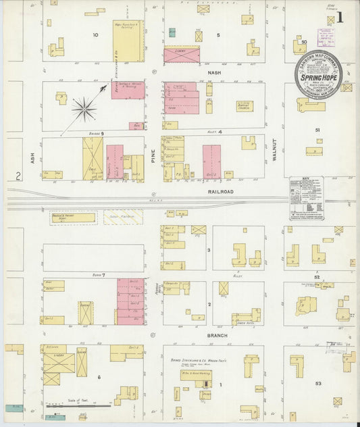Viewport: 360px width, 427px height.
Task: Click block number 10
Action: click(x=95, y=34)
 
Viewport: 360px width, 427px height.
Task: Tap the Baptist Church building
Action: click(x=245, y=106)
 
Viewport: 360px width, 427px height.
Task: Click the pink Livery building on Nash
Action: click(x=182, y=55)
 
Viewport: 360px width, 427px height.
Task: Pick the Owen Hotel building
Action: click(x=246, y=317)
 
